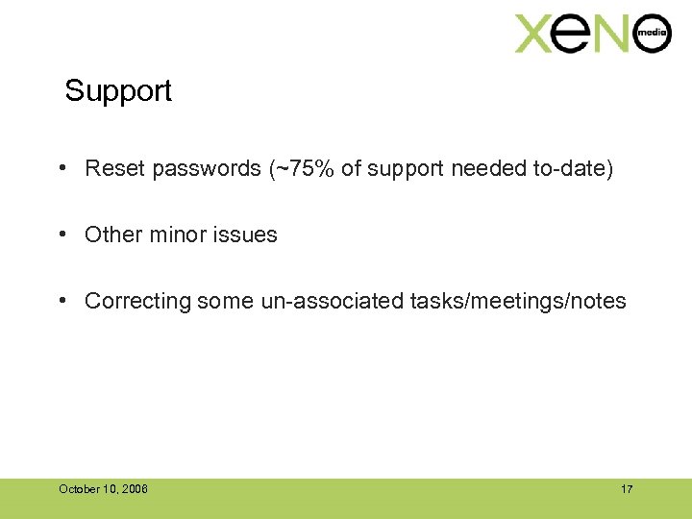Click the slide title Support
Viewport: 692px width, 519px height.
pyautogui.click(x=118, y=91)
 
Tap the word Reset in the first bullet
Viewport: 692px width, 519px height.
pyautogui.click(x=113, y=169)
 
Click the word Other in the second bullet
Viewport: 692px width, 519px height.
pyautogui.click(x=111, y=235)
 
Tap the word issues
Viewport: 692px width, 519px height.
pyautogui.click(x=246, y=235)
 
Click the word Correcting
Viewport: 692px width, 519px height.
pyautogui.click(x=137, y=301)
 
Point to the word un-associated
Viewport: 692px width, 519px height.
pyautogui.click(x=332, y=301)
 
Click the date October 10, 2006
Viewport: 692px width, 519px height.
pyautogui.click(x=103, y=489)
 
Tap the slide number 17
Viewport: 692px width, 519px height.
pyautogui.click(x=627, y=489)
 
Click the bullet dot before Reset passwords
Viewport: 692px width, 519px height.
pyautogui.click(x=61, y=168)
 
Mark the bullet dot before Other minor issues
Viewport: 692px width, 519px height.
pyautogui.click(x=61, y=234)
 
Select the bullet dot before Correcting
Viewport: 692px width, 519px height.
pyautogui.click(x=61, y=300)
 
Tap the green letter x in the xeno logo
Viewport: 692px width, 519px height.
pyautogui.click(x=536, y=34)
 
